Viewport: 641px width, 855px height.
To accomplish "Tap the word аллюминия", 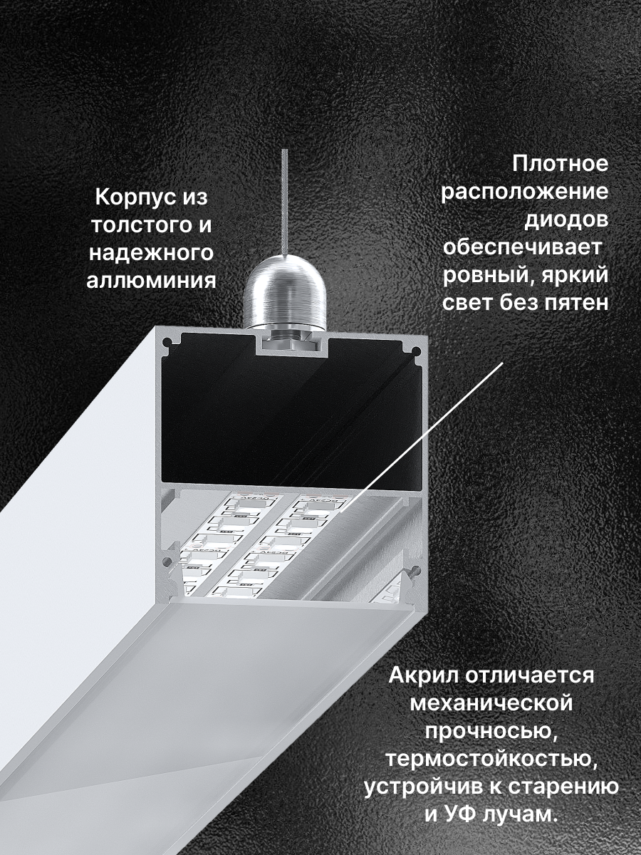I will pos(151,280).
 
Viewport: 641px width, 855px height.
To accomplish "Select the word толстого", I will pos(135,224).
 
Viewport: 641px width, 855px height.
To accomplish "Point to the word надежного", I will pos(151,252).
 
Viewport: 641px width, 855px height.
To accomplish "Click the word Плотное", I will pos(561,164).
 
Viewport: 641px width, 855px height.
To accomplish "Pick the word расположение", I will pos(525,192).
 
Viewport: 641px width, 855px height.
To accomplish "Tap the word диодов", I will pos(567,219).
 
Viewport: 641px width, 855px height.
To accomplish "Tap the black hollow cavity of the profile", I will pos(285,420).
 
